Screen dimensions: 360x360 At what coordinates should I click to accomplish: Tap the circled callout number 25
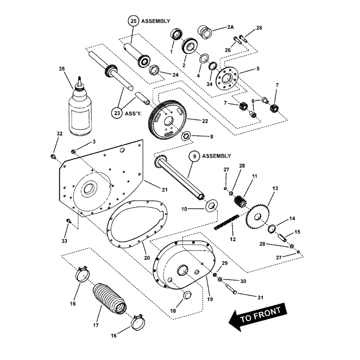[x=133, y=21]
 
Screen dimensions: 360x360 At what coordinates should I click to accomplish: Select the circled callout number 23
[x=117, y=113]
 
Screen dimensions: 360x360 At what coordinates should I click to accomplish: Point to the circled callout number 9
[x=194, y=156]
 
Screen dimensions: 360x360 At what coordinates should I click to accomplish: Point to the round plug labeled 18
[x=187, y=296]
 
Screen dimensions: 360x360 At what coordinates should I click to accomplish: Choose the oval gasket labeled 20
[x=137, y=223]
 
